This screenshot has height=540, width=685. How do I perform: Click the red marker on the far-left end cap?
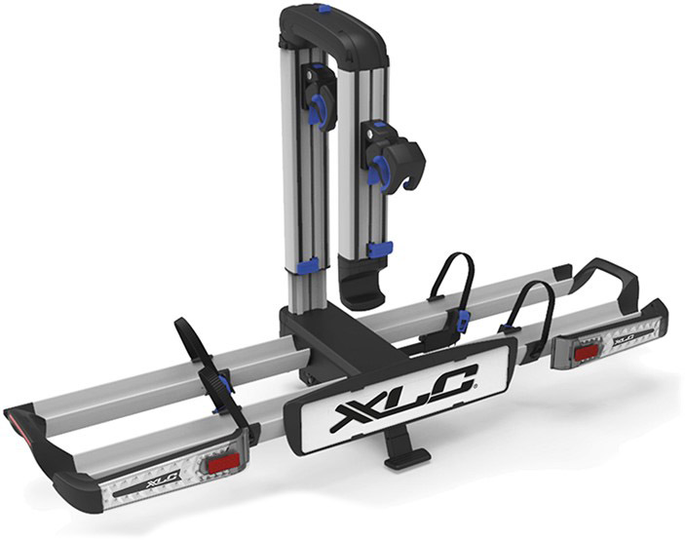click(14, 417)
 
